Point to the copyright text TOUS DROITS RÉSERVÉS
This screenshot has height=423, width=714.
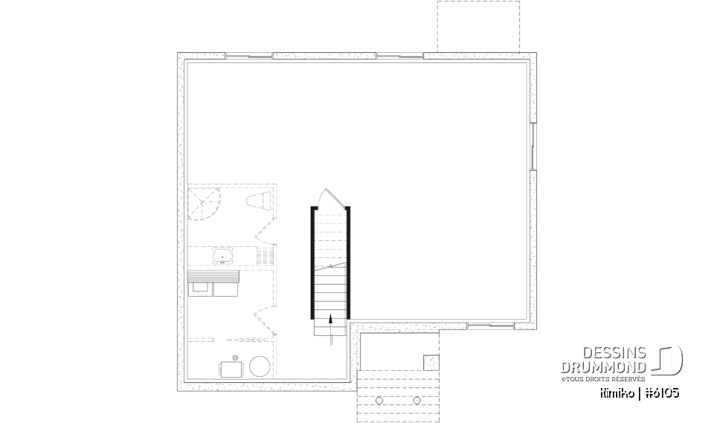tap(604, 378)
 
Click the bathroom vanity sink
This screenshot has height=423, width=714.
tap(221, 257)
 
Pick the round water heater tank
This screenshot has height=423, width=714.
tap(260, 367)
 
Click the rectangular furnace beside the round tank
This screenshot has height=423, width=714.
tap(231, 368)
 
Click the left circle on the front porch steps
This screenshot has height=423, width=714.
tap(379, 400)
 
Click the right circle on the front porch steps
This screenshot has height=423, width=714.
tap(416, 400)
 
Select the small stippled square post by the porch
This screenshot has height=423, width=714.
tap(431, 363)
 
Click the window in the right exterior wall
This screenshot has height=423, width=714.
tap(533, 145)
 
